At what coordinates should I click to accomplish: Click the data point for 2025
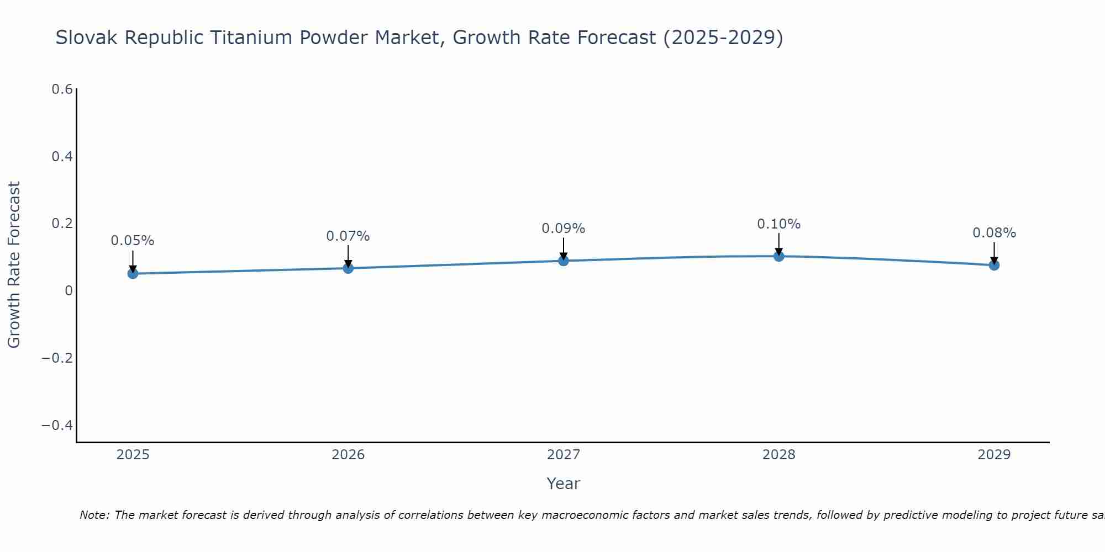pyautogui.click(x=133, y=273)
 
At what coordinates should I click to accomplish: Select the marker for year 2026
pyautogui.click(x=348, y=268)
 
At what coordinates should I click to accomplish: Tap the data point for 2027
pyautogui.click(x=564, y=261)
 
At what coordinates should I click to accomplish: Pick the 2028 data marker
pyautogui.click(x=779, y=256)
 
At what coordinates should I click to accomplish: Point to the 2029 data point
pyautogui.click(x=994, y=265)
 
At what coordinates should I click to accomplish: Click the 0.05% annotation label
pyautogui.click(x=133, y=241)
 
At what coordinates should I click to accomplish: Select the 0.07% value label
pyautogui.click(x=348, y=236)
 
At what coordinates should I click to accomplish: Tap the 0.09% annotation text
pyautogui.click(x=564, y=229)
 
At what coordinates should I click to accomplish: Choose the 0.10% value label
pyautogui.click(x=779, y=224)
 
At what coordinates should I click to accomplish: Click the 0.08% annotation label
pyautogui.click(x=994, y=233)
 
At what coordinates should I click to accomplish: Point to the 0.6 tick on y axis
pyautogui.click(x=62, y=89)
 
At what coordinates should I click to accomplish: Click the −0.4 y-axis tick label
pyautogui.click(x=57, y=425)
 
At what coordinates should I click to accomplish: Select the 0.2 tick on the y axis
pyautogui.click(x=62, y=224)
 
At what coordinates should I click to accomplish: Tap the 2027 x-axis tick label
pyautogui.click(x=564, y=455)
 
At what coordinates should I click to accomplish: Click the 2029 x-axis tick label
pyautogui.click(x=994, y=455)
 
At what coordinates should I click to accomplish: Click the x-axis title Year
pyautogui.click(x=564, y=484)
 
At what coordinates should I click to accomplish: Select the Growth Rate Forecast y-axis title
pyautogui.click(x=14, y=265)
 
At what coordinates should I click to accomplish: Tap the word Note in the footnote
pyautogui.click(x=94, y=515)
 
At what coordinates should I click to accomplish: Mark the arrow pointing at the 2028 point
pyautogui.click(x=779, y=243)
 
